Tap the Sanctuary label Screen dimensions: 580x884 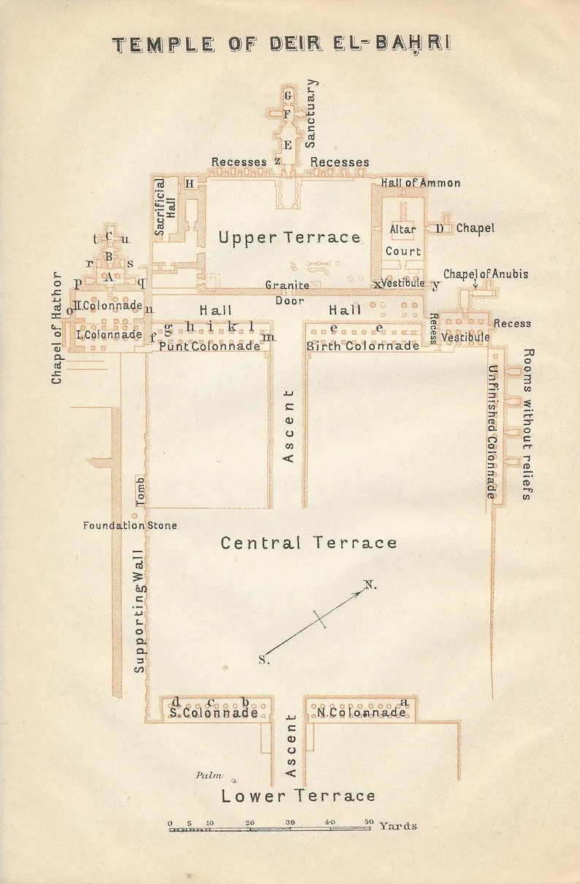pyautogui.click(x=310, y=113)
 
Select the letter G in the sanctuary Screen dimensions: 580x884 pyautogui.click(x=289, y=95)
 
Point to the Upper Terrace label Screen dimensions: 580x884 pyautogui.click(x=289, y=238)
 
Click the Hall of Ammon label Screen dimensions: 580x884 pyautogui.click(x=420, y=183)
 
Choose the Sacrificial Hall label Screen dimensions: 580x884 pyautogui.click(x=165, y=207)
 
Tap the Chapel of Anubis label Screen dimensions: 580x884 pyautogui.click(x=485, y=274)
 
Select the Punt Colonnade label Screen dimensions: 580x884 pyautogui.click(x=210, y=346)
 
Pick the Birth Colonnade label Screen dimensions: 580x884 pyautogui.click(x=363, y=346)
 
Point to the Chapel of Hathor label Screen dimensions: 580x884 pyautogui.click(x=57, y=328)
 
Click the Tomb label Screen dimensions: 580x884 pyautogui.click(x=140, y=491)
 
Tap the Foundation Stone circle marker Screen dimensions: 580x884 pyautogui.click(x=134, y=515)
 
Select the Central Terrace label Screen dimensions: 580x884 pyautogui.click(x=308, y=543)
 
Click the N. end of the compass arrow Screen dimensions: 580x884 pyautogui.click(x=365, y=589)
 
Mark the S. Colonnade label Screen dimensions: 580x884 pyautogui.click(x=214, y=713)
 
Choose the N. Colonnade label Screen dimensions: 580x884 pyautogui.click(x=361, y=712)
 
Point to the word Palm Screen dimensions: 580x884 pyautogui.click(x=209, y=775)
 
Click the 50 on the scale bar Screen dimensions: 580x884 pyautogui.click(x=369, y=822)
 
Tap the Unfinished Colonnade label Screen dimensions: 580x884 pyautogui.click(x=492, y=432)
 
